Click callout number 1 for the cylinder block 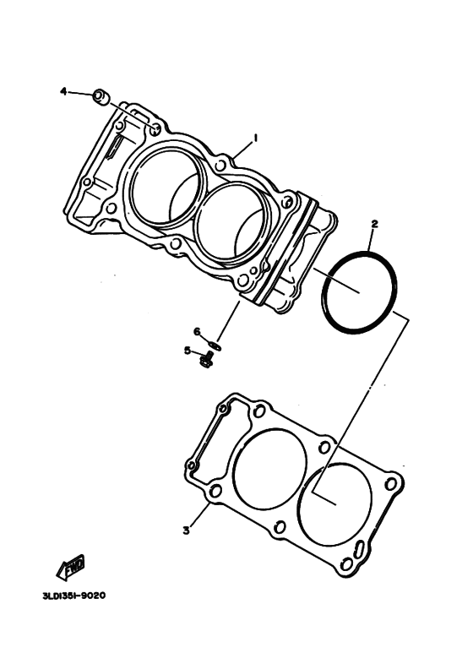click(x=254, y=137)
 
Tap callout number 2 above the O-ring click(x=374, y=225)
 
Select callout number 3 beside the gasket click(x=185, y=530)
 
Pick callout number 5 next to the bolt click(x=188, y=351)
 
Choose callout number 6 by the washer click(x=195, y=331)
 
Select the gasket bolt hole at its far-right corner click(x=391, y=484)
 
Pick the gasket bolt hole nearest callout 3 click(x=215, y=491)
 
